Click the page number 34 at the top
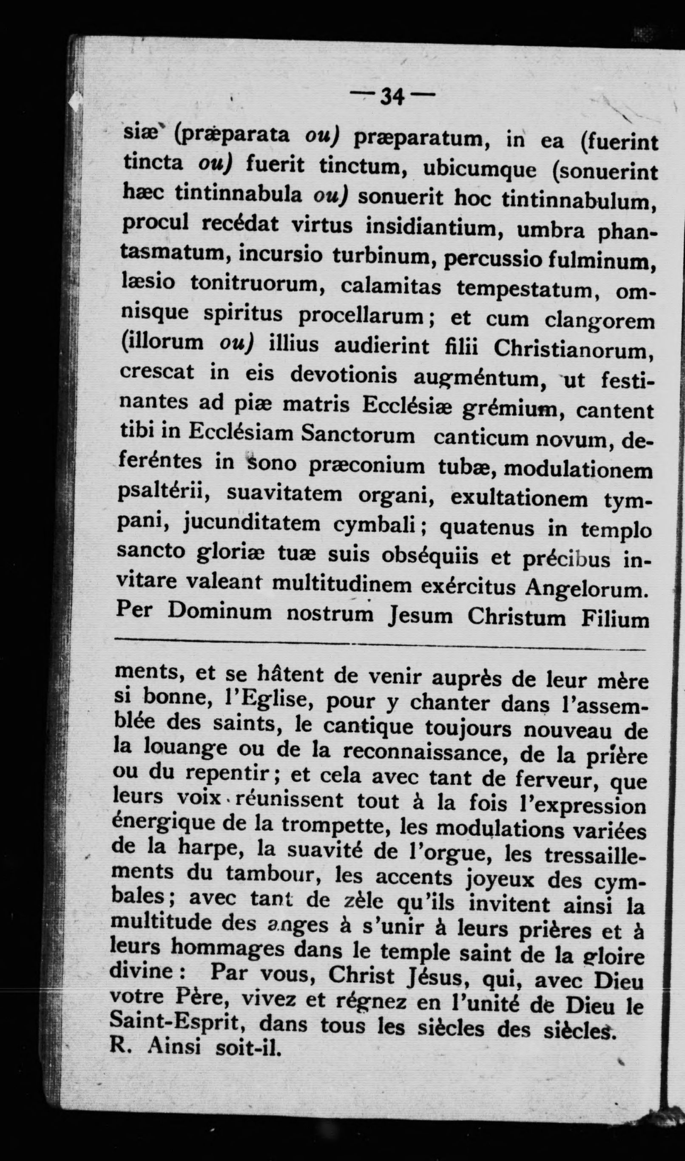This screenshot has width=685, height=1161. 392,97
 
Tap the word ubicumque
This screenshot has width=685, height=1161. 480,170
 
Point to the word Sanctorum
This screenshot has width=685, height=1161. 358,436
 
